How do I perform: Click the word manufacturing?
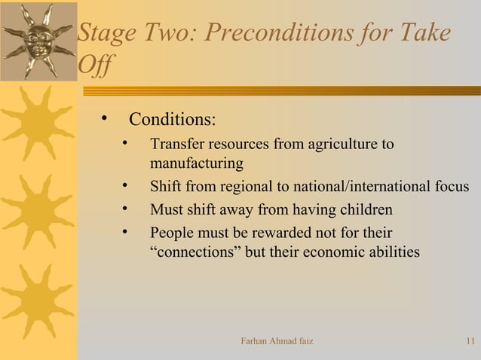click(x=197, y=163)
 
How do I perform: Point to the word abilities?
click(x=394, y=252)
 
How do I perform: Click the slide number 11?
click(x=470, y=343)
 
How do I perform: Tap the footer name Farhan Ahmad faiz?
click(x=276, y=343)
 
